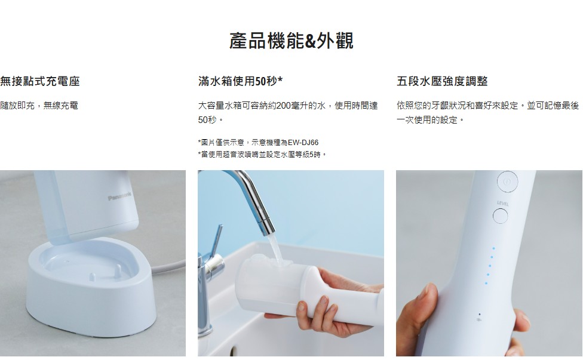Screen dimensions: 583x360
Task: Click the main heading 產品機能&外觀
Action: (291, 41)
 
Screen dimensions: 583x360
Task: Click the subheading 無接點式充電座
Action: (40, 81)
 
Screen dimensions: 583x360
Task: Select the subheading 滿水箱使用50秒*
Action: (240, 81)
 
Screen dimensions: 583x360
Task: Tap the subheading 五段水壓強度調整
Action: (442, 81)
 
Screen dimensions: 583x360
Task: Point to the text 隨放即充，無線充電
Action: (39, 106)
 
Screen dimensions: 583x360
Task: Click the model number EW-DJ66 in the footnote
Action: (303, 143)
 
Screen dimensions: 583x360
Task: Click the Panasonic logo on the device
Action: (119, 196)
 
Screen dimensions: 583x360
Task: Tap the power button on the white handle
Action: (507, 181)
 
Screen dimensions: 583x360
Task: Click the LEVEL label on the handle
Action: (503, 204)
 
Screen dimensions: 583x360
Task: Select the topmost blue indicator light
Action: (493, 248)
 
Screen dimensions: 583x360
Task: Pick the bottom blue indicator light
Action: (486, 284)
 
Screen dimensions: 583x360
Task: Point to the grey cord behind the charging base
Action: (168, 266)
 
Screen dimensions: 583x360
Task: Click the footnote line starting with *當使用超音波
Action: (262, 154)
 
